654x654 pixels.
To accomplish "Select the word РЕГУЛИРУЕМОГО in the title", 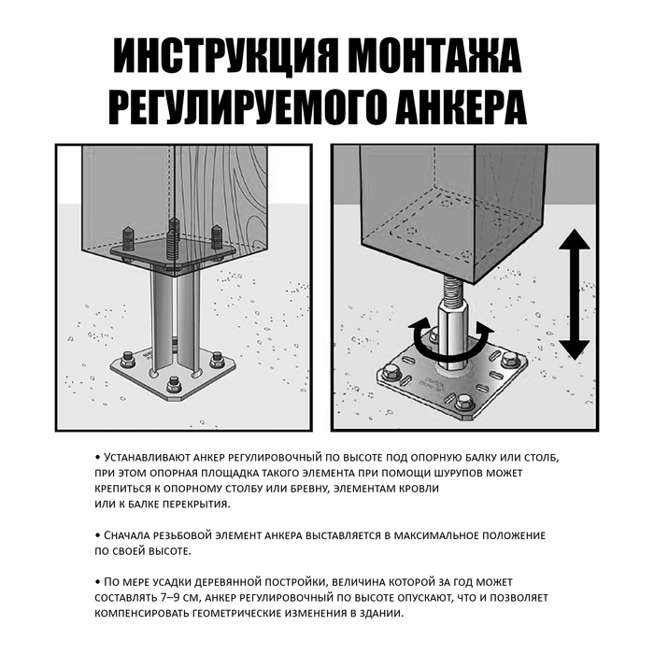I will [x=238, y=109].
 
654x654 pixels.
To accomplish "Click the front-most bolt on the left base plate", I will [x=174, y=384].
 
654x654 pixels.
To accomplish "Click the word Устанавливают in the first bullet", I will [x=146, y=459].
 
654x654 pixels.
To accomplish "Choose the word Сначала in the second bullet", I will [x=133, y=535].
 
